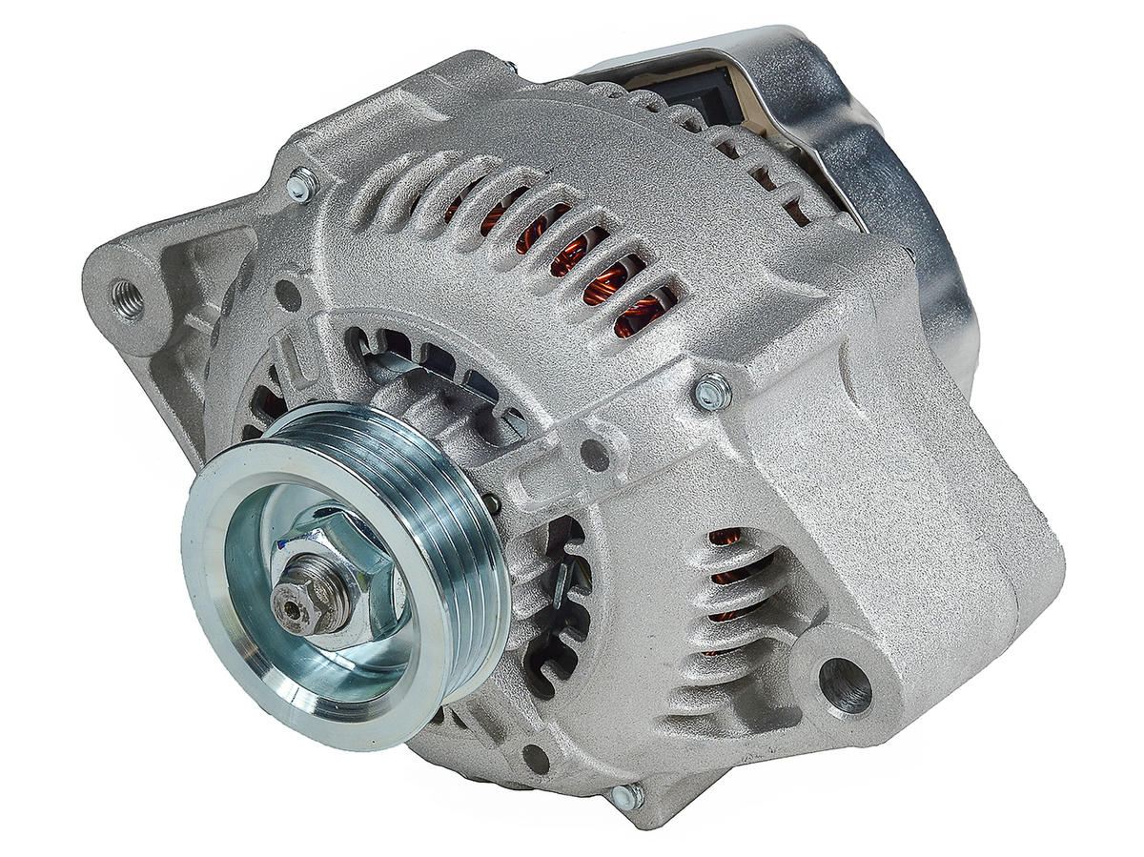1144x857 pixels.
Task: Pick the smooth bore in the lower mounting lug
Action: (845, 684)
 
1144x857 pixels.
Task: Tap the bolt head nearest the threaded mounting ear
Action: (302, 184)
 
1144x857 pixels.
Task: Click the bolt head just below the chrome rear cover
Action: (711, 391)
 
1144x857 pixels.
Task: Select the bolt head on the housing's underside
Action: (627, 795)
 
